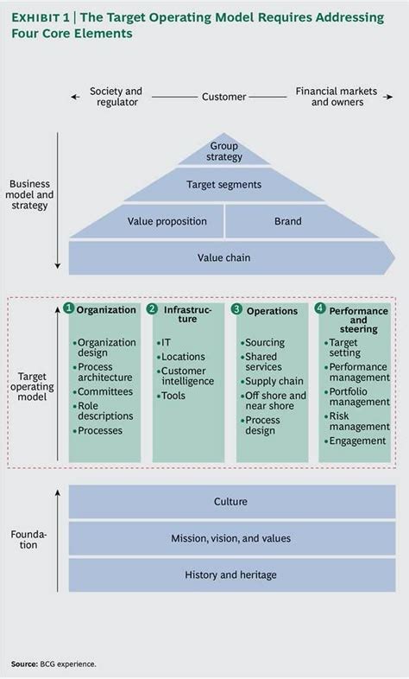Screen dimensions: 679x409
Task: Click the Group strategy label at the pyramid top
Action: coord(225,152)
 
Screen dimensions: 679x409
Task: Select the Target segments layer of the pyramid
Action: coord(223,184)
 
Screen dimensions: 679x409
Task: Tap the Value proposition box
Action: coord(167,221)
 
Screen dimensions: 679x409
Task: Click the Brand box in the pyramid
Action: coord(287,221)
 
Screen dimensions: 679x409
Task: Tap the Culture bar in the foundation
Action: coord(230,502)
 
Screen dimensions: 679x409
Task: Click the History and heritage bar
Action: coord(230,574)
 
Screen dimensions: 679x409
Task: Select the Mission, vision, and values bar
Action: coord(230,538)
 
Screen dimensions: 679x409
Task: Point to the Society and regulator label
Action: coord(116,97)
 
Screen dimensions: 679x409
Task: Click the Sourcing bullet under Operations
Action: coord(267,343)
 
